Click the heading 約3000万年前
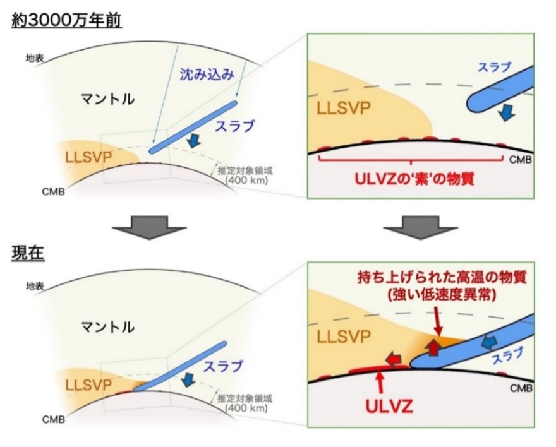pos(67,21)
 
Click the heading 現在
pos(28,253)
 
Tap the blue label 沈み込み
pos(207,74)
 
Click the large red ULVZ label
pos(389,406)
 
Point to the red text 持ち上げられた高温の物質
pos(442,277)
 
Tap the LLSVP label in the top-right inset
pos(343,108)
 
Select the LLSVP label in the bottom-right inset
pos(343,336)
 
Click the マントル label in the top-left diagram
pos(108,99)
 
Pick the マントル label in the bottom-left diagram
pos(108,327)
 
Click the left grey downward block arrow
pos(149,227)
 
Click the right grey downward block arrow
pos(421,227)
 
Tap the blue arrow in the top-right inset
pos(506,112)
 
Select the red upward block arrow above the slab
pos(433,347)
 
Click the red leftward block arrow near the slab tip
pos(394,359)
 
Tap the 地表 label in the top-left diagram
pos(34,57)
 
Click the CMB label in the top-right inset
pos(521,160)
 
